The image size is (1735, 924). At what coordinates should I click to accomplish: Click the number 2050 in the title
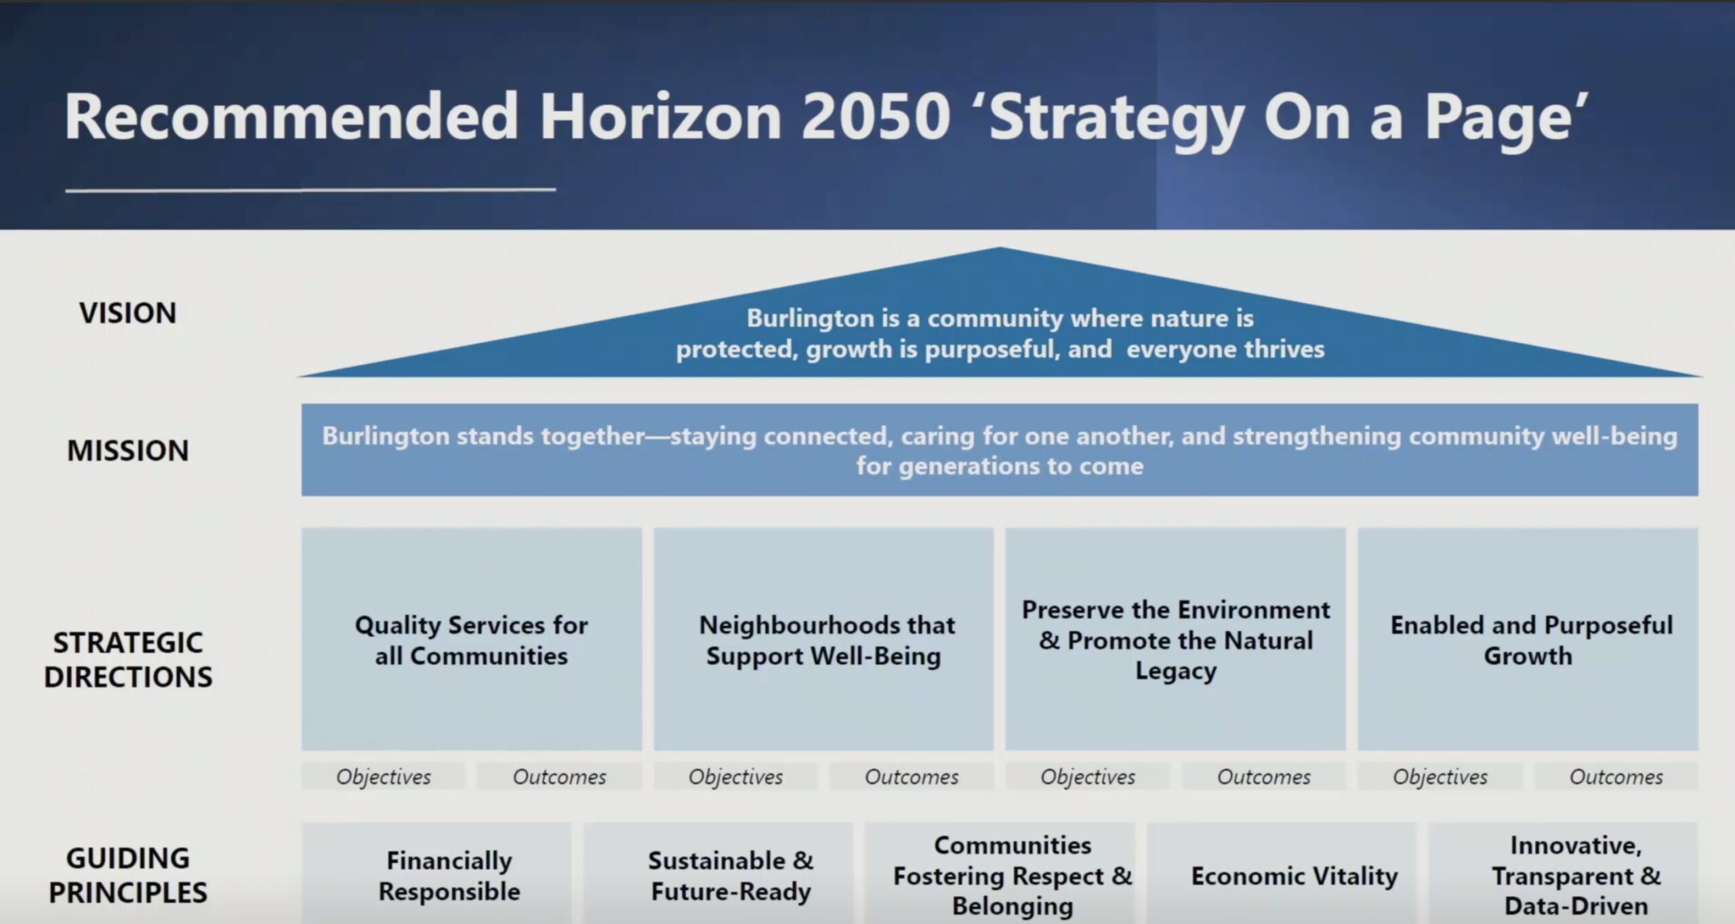click(x=874, y=117)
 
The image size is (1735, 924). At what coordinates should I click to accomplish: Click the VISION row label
click(x=128, y=313)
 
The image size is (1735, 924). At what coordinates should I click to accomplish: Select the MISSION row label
click(x=128, y=451)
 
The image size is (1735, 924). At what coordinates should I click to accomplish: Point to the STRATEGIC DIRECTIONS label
click(x=128, y=660)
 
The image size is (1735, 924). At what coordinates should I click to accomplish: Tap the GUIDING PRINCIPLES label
click(x=128, y=875)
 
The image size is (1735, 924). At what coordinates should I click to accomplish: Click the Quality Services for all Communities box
click(x=472, y=639)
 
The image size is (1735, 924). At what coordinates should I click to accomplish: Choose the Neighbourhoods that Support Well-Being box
click(x=823, y=639)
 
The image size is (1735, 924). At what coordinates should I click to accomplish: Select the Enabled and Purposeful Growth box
click(x=1528, y=639)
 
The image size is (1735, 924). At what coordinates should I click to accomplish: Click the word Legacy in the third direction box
click(x=1176, y=671)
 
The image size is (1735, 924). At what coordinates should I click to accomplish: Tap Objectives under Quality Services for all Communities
click(x=384, y=777)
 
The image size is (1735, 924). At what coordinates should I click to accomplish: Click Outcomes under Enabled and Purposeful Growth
click(x=1616, y=777)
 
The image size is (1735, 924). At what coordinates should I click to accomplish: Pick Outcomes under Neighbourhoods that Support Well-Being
click(x=912, y=777)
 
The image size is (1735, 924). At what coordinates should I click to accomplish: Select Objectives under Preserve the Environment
click(x=1088, y=777)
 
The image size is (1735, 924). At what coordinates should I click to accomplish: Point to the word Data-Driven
click(x=1576, y=906)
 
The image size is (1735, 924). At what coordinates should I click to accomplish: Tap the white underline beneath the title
click(x=310, y=190)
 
